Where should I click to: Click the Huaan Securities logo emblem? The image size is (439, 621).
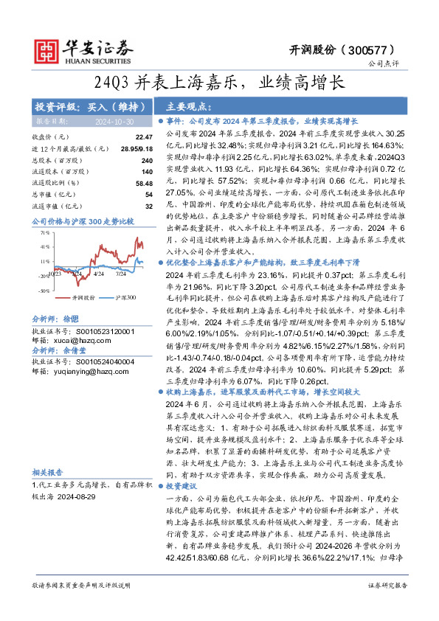tap(47, 50)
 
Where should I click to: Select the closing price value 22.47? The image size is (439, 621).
tap(143, 137)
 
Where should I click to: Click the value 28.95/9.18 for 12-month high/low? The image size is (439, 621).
tap(136, 148)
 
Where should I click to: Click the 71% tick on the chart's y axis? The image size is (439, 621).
tap(44, 231)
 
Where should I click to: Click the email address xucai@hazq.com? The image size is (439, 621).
tap(81, 342)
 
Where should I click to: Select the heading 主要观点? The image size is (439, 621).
tap(186, 106)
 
